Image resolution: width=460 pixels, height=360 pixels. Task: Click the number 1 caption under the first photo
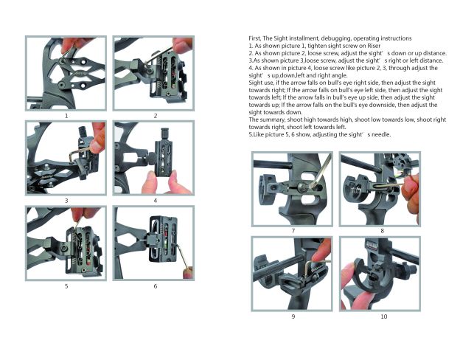click(66, 116)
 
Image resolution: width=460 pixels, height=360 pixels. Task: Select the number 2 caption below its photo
click(155, 116)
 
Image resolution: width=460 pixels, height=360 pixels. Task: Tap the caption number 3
click(66, 200)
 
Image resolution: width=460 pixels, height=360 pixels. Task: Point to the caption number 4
click(155, 200)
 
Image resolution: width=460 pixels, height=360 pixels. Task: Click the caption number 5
click(66, 285)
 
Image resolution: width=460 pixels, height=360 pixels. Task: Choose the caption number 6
click(155, 285)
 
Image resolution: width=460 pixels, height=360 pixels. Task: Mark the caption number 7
click(293, 231)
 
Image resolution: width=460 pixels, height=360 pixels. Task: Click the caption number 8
click(381, 231)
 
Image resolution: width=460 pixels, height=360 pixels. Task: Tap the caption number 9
click(293, 316)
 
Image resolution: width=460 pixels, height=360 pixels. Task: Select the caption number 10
click(383, 316)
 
